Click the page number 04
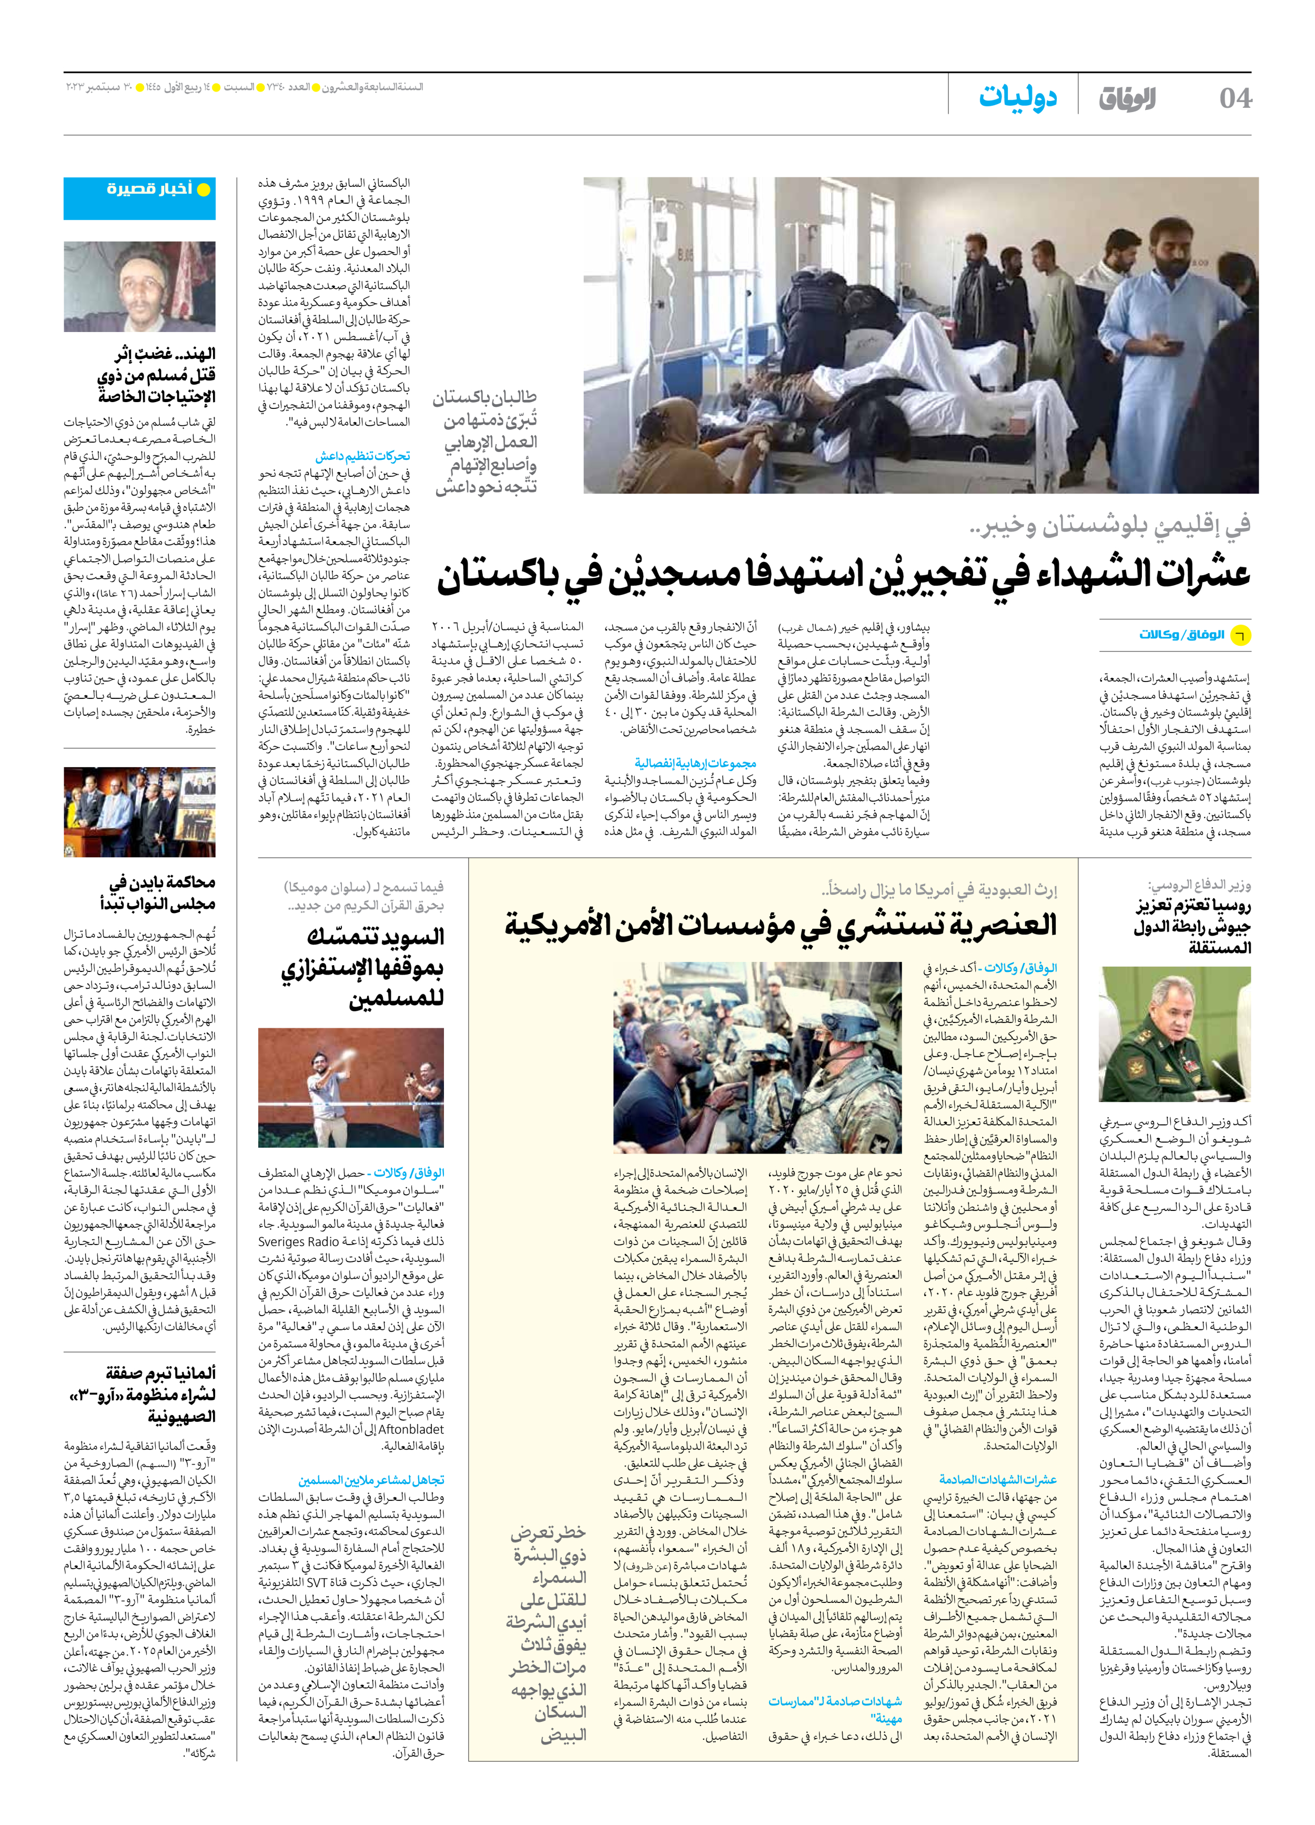click(x=1235, y=98)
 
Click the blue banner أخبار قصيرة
click(x=140, y=190)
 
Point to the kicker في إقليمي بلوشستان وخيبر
click(x=1110, y=526)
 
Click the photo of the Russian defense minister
click(x=1175, y=1034)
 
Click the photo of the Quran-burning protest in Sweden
click(x=351, y=1087)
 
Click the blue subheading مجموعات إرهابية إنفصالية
click(x=695, y=763)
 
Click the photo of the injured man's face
click(x=140, y=286)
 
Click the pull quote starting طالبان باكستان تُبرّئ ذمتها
click(x=486, y=442)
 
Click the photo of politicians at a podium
click(x=140, y=812)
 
